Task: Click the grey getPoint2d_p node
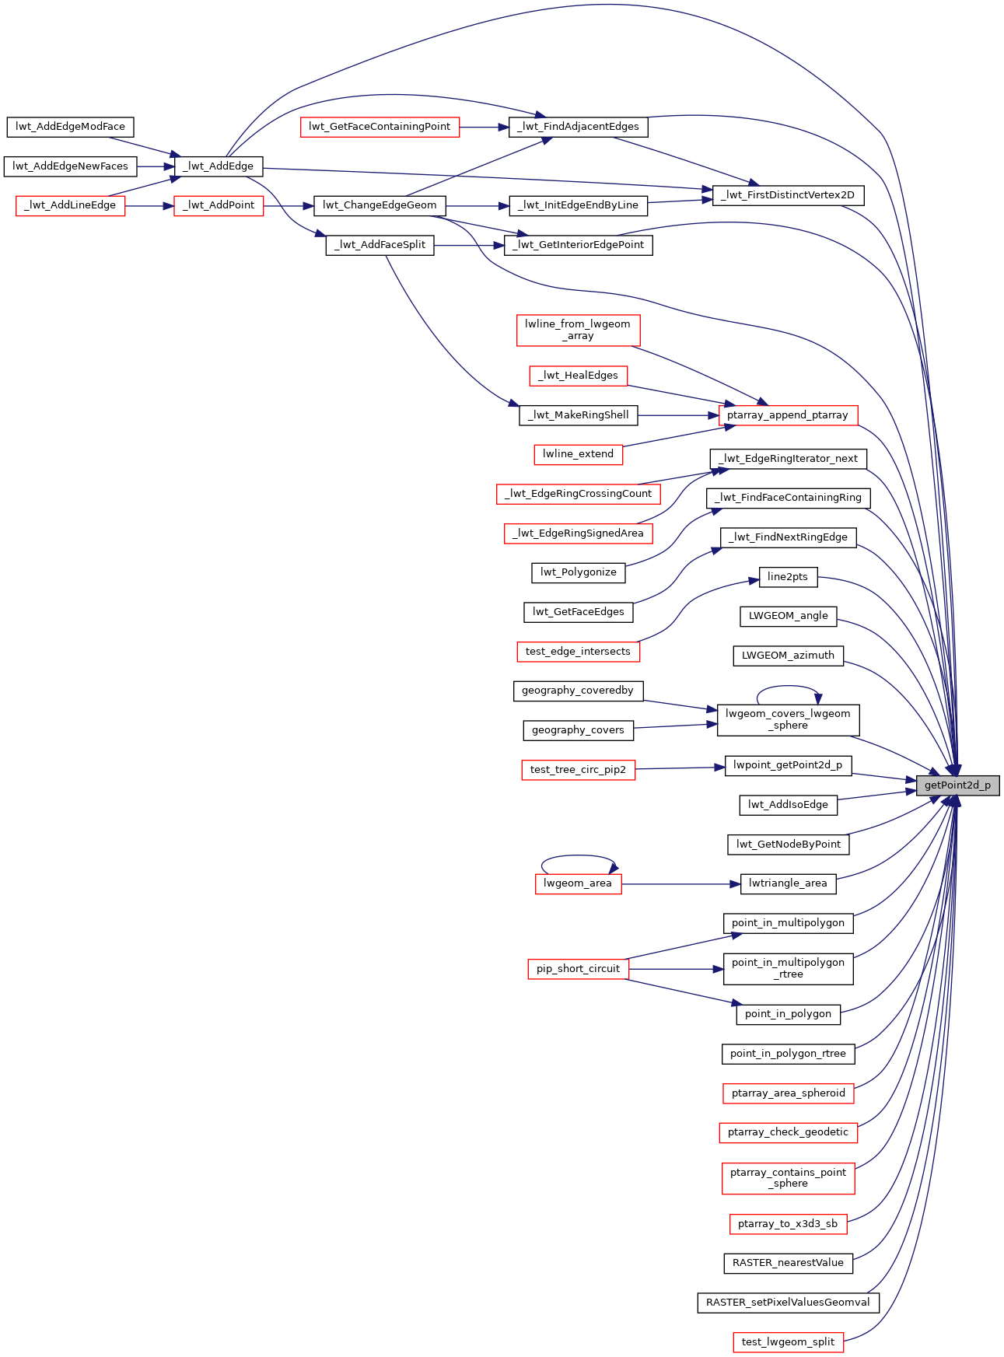(x=957, y=785)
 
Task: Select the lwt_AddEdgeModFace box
(x=70, y=126)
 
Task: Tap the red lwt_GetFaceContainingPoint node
(x=380, y=126)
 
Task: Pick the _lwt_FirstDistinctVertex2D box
(x=787, y=194)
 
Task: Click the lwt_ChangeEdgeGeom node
(x=380, y=205)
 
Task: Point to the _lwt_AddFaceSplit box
(x=380, y=245)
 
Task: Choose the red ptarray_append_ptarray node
(x=787, y=415)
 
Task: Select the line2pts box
(x=787, y=576)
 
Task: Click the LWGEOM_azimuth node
(x=787, y=656)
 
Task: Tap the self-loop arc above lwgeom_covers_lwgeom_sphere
(x=788, y=687)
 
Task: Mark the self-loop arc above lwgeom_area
(x=578, y=856)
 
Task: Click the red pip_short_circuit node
(x=578, y=969)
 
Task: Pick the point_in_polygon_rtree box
(x=787, y=1054)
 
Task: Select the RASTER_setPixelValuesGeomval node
(x=787, y=1303)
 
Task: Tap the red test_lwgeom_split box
(x=787, y=1342)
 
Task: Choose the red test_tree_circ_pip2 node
(x=578, y=770)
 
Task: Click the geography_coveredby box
(x=578, y=691)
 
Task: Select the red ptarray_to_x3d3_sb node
(x=787, y=1224)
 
